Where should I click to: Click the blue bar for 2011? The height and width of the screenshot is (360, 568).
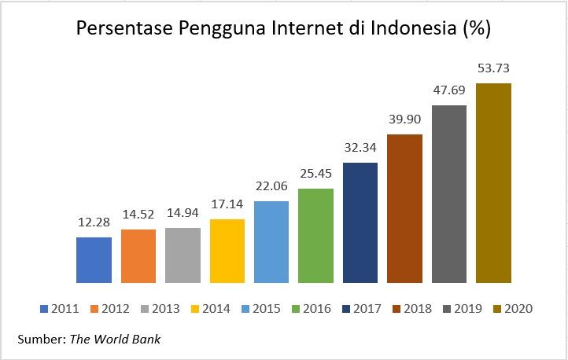point(94,259)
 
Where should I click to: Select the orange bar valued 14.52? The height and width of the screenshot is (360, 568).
point(138,255)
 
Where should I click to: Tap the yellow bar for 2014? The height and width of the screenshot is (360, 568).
point(227,251)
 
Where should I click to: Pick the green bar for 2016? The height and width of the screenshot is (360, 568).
point(316,235)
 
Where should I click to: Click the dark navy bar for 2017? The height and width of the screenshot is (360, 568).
point(360,222)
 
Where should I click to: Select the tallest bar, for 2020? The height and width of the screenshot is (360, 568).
point(494,182)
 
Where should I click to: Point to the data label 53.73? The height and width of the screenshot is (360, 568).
point(494,69)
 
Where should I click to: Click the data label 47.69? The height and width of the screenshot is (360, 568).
point(449,91)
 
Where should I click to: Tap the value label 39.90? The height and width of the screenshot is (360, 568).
point(405,120)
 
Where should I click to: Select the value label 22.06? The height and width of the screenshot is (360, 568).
point(271,187)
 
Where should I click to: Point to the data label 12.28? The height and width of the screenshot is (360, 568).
point(94,223)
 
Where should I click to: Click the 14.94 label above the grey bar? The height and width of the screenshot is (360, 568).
point(183,214)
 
